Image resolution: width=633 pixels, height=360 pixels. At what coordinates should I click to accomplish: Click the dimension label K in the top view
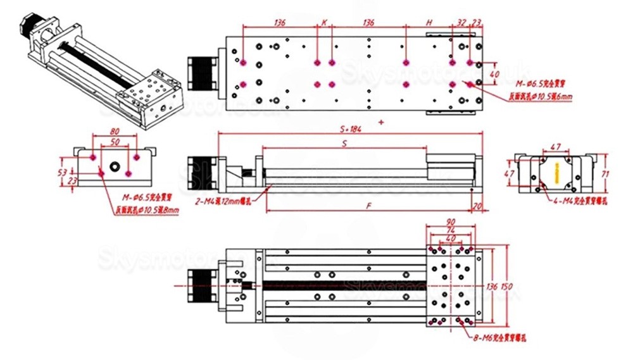click(x=324, y=22)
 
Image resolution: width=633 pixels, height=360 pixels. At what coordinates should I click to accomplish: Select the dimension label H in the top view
click(x=429, y=22)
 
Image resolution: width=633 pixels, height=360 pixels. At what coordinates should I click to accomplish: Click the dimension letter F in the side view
click(x=368, y=206)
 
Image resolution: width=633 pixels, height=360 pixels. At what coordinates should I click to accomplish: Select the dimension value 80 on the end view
click(x=115, y=132)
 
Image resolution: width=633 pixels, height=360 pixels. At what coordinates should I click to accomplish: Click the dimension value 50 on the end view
click(x=115, y=143)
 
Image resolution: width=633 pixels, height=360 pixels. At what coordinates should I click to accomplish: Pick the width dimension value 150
click(x=507, y=287)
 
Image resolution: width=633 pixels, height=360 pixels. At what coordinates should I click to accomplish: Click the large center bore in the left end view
click(x=115, y=167)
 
